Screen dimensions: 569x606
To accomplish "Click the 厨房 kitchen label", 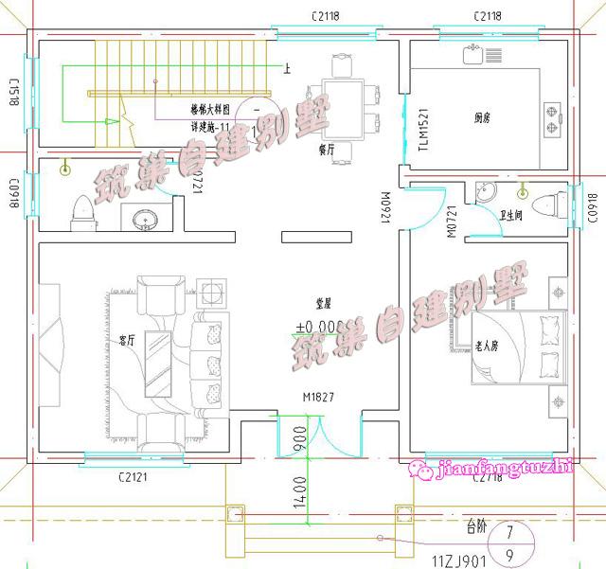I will pos(483,118).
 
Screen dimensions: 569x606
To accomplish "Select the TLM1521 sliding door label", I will pos(423,130).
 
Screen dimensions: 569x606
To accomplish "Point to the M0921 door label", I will pos(385,205).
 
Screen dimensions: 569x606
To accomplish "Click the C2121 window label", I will pos(132,477).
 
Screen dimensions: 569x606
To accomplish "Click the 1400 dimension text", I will pos(299,495).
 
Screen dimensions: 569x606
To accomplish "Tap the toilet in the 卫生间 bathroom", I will pos(547,203).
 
